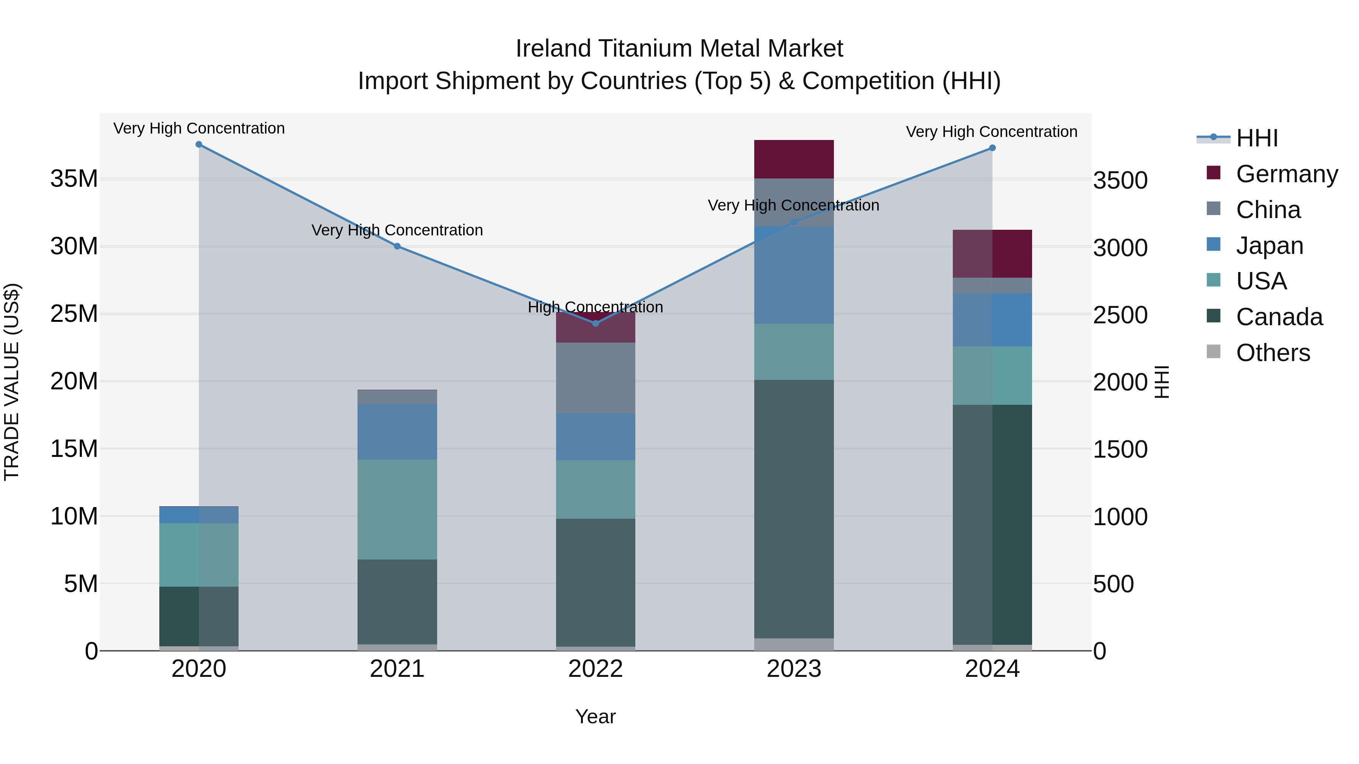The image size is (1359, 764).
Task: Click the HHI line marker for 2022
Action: click(x=596, y=323)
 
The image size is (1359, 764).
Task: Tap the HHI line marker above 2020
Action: click(x=199, y=144)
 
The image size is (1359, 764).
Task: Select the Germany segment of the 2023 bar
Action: click(x=794, y=159)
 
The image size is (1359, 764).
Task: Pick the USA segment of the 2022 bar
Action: click(x=596, y=489)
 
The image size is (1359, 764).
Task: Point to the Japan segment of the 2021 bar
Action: click(x=397, y=432)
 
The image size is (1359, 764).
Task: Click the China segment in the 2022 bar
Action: click(x=596, y=378)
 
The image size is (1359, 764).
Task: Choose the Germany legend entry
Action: click(x=1287, y=174)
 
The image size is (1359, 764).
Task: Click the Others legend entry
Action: click(x=1273, y=353)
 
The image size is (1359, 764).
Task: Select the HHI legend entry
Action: click(x=1257, y=138)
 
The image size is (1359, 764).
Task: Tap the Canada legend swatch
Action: click(x=1213, y=317)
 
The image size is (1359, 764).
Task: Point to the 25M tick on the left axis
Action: click(x=74, y=314)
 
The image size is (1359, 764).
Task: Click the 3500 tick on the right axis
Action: click(x=1120, y=180)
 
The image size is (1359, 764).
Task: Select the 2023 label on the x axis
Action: click(x=794, y=669)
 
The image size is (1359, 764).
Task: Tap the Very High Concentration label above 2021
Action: click(x=397, y=231)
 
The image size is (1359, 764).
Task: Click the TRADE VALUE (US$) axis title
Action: click(x=12, y=382)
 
